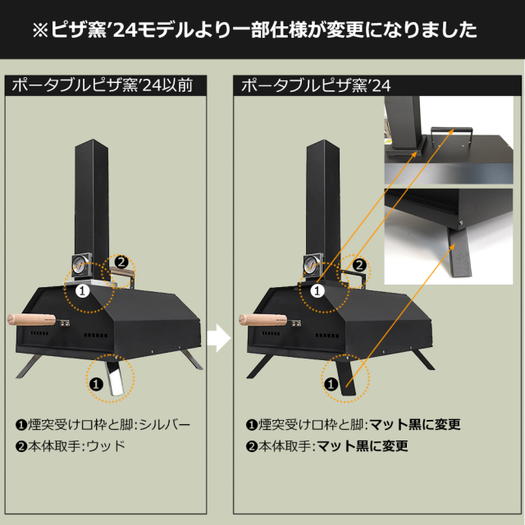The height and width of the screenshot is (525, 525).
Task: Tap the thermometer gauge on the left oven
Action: [78, 266]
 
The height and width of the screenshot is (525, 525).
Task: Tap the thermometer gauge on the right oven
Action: [309, 266]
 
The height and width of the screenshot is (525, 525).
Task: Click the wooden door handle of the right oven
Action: [262, 321]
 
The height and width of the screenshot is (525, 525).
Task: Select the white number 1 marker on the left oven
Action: [81, 289]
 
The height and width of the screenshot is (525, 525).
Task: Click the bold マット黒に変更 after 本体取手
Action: [363, 447]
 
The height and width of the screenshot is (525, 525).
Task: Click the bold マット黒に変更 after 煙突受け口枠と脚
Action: [414, 425]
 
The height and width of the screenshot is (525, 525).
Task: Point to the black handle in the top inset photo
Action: [452, 132]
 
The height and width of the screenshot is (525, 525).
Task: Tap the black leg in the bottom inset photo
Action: [456, 253]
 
